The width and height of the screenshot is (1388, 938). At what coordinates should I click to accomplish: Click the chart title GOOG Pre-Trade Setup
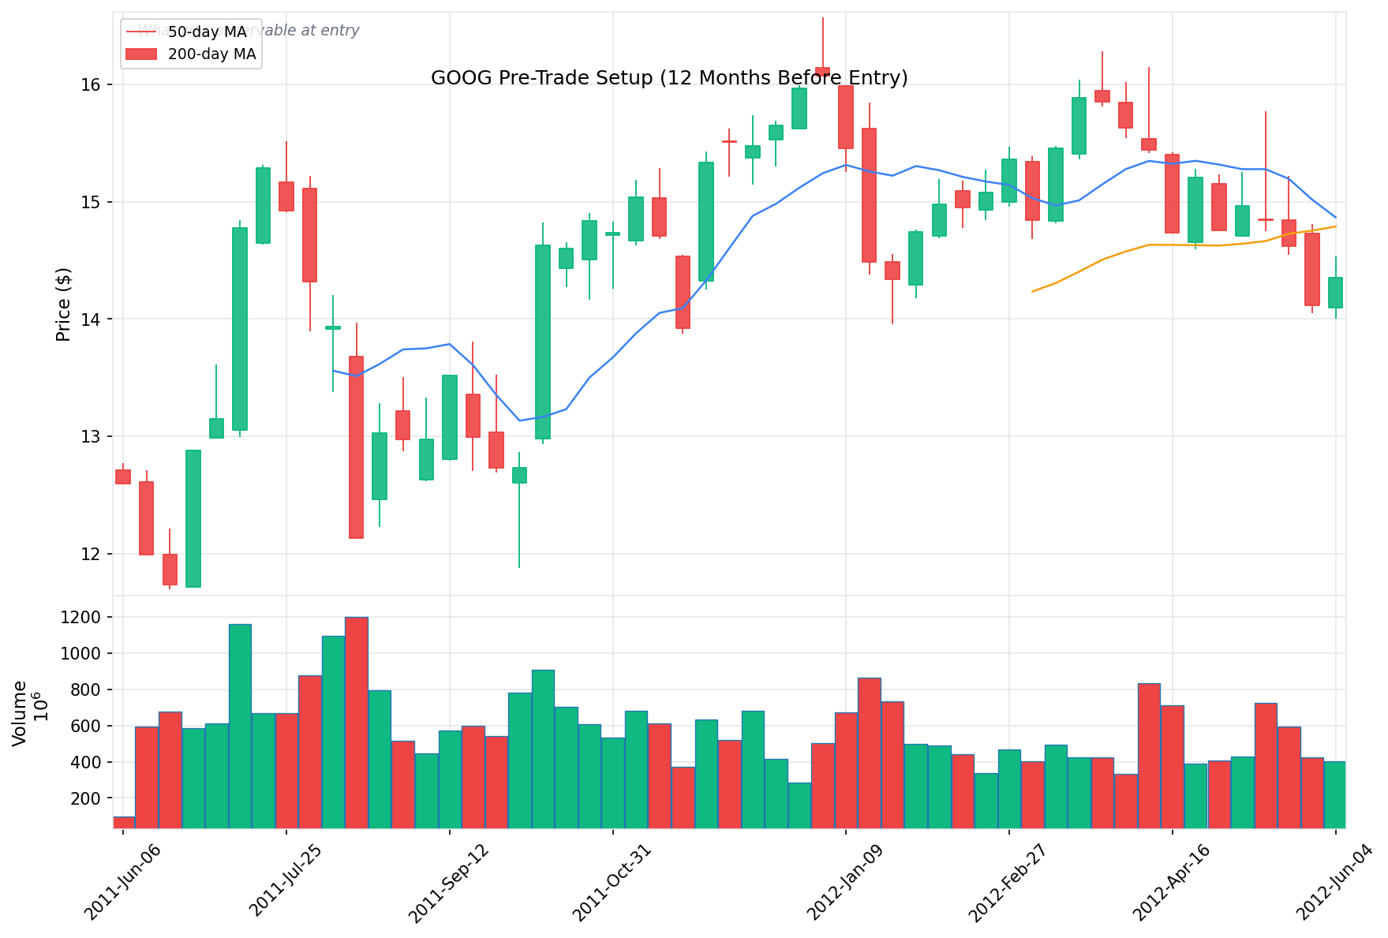pos(669,78)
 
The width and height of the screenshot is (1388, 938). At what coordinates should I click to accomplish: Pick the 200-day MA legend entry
pos(211,54)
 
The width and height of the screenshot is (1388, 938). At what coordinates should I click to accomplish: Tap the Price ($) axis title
pos(64,304)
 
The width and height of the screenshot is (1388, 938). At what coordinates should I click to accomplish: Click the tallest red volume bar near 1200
pos(357,722)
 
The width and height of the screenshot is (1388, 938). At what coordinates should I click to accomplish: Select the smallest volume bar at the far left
pos(123,822)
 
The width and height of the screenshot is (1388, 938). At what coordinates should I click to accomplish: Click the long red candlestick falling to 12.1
pos(357,447)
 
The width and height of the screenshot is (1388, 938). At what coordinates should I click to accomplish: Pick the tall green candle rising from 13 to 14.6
pos(543,342)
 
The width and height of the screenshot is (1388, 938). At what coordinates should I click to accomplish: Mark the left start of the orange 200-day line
pos(1032,292)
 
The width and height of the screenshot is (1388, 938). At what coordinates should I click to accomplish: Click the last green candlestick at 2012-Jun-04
pos(1335,292)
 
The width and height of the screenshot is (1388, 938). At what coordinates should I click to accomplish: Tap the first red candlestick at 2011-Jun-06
pos(123,476)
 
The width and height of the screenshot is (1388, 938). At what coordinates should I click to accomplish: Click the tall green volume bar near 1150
pos(240,726)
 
